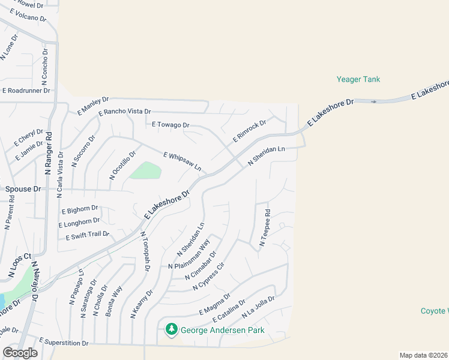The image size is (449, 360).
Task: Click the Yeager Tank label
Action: click(x=358, y=79)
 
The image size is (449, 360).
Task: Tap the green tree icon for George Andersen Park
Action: click(x=172, y=329)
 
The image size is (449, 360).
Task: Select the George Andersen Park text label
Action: click(x=223, y=330)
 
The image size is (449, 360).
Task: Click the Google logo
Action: click(x=20, y=353)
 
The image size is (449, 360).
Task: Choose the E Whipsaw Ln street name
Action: click(x=182, y=160)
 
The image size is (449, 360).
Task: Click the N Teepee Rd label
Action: click(x=264, y=228)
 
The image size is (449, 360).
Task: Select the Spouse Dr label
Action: click(x=23, y=189)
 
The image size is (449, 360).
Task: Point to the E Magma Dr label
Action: click(x=215, y=304)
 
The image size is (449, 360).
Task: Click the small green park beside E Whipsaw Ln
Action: click(x=146, y=171)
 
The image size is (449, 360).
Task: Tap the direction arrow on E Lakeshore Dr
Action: click(x=374, y=101)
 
